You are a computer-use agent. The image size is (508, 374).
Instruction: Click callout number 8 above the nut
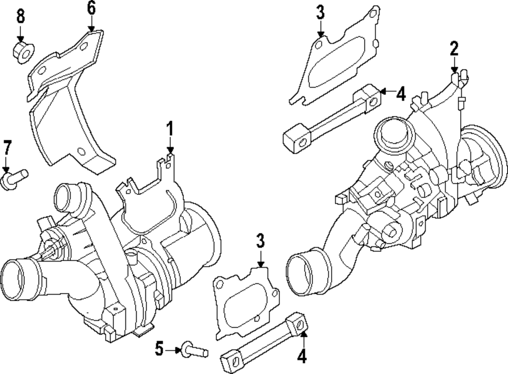[20, 16]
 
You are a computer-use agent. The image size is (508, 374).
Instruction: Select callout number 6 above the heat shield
[91, 8]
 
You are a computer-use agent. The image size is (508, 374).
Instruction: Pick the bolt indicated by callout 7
[15, 179]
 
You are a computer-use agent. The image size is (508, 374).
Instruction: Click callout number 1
[171, 129]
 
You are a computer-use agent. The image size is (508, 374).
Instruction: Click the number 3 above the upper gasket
[320, 13]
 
